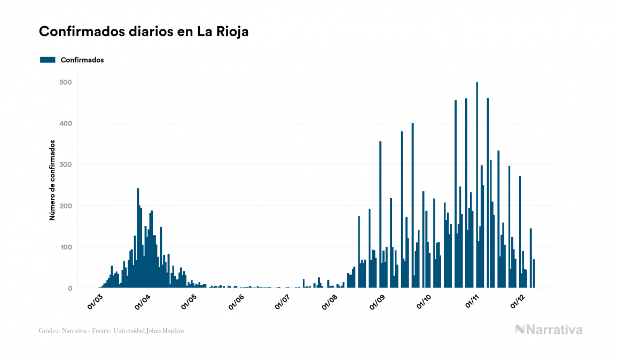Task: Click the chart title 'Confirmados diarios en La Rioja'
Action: [x=144, y=32]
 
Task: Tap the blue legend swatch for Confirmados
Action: [x=48, y=60]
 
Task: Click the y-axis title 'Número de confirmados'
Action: [x=52, y=181]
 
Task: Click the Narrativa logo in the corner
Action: [x=549, y=330]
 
